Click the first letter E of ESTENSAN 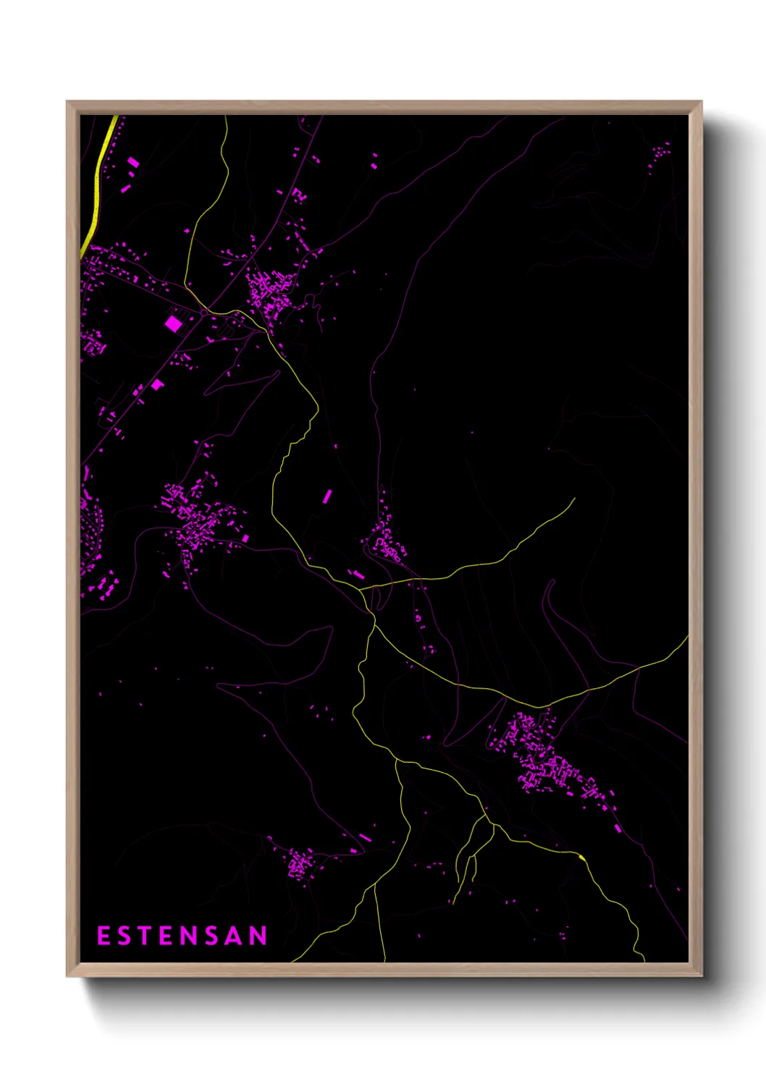[x=104, y=936]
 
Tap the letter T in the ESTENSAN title [x=145, y=936]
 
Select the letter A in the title [x=235, y=936]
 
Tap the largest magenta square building [x=173, y=323]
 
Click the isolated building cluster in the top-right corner [x=659, y=156]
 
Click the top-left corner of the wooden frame [x=67, y=102]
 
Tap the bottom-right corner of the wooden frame [x=701, y=975]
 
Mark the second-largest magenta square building [x=157, y=385]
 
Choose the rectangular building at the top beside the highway [x=133, y=163]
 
